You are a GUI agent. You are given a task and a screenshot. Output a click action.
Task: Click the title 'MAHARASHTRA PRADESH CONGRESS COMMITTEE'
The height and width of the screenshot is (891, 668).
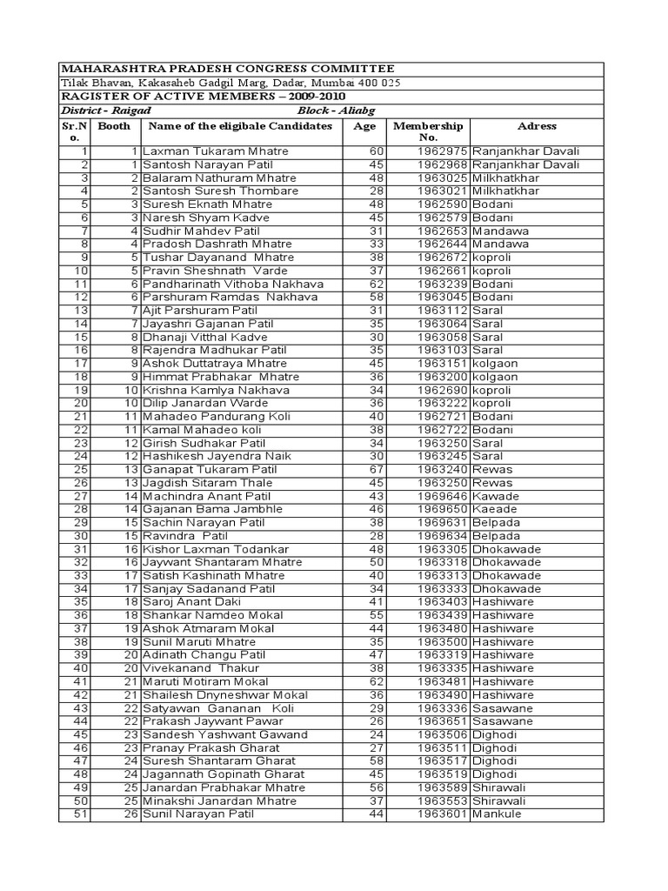click(x=226, y=69)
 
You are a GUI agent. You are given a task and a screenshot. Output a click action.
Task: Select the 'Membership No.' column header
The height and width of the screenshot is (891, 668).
click(x=428, y=131)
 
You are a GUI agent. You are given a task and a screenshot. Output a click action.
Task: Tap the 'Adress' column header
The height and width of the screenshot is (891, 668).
click(x=537, y=126)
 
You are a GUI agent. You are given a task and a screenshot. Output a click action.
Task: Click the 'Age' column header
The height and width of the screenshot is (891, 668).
click(x=364, y=126)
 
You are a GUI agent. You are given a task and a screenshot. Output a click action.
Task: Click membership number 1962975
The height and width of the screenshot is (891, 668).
click(x=443, y=151)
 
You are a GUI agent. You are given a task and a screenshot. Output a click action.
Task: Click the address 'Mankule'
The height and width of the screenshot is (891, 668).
click(x=498, y=814)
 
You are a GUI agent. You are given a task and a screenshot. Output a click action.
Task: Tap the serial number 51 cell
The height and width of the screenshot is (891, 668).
click(x=81, y=814)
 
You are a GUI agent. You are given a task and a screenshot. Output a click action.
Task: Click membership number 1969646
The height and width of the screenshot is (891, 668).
click(x=443, y=496)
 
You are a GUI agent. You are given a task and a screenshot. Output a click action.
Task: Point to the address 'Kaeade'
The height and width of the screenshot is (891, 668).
click(x=495, y=509)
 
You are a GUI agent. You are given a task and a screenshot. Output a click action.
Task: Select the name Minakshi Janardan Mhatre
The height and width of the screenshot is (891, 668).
click(x=211, y=801)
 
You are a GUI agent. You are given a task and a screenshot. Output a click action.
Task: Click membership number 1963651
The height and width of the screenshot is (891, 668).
click(x=443, y=721)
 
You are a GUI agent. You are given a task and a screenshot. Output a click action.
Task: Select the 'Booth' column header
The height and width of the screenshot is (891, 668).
click(x=114, y=126)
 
